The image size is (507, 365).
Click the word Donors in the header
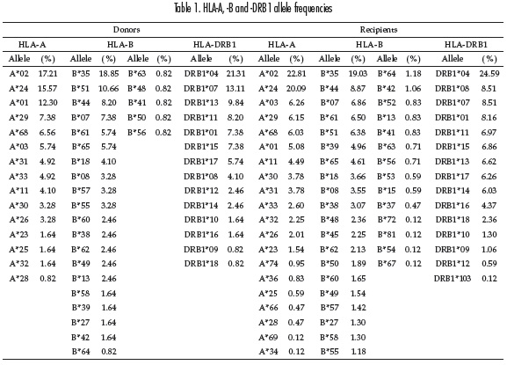coord(127,30)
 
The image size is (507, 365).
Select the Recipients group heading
coord(379,30)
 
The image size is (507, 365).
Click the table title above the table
coord(253,8)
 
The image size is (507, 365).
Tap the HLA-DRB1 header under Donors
coord(214,44)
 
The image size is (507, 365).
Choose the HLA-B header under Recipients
coord(369,44)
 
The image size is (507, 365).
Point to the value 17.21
coord(47,74)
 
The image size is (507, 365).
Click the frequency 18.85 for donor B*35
coord(109,74)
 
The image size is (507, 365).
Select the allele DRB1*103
coord(453,279)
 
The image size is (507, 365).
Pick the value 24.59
coord(489,74)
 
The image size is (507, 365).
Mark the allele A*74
coord(268,264)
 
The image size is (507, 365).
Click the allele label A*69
coord(268,338)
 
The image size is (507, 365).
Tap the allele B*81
coord(387,235)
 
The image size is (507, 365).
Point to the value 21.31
coord(235,74)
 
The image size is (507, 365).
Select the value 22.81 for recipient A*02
coord(296,74)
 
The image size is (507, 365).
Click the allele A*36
coord(268,279)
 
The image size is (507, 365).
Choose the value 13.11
coord(235,88)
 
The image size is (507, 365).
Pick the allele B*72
coord(387,220)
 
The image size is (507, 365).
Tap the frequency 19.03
coord(358,74)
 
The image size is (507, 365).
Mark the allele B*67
coord(387,264)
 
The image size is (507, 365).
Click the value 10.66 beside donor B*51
coord(109,88)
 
